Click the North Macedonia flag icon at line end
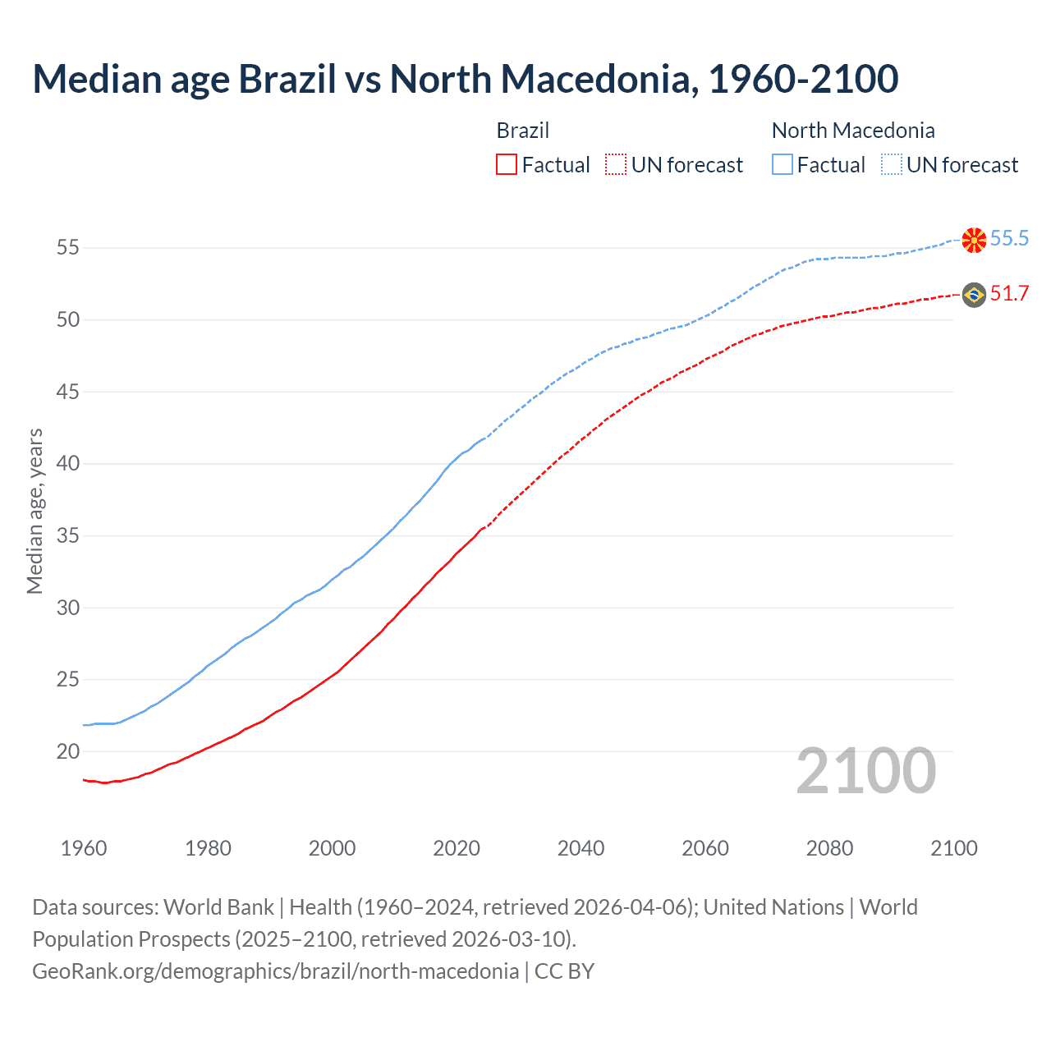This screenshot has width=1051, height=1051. tap(974, 239)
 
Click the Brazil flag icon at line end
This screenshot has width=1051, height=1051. tap(974, 294)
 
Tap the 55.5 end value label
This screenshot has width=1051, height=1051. tap(1009, 238)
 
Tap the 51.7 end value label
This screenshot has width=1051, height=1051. tap(1009, 293)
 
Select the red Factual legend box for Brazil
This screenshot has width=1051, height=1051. tap(507, 164)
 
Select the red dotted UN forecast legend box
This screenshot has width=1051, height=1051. tap(616, 164)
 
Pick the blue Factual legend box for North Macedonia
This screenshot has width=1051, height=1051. tap(782, 164)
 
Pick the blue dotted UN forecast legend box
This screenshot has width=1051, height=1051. tap(891, 164)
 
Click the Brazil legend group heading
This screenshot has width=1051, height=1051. tap(523, 131)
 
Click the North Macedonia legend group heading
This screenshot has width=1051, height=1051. tap(853, 131)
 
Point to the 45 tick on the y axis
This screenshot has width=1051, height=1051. tap(68, 392)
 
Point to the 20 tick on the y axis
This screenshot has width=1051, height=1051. tap(68, 751)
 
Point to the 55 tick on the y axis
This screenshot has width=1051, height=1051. tap(68, 247)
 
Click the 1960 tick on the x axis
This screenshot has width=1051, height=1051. tap(84, 848)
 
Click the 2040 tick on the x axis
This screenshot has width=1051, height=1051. tap(581, 848)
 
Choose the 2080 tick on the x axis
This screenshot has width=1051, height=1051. tap(829, 848)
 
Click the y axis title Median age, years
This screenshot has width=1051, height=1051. tap(34, 511)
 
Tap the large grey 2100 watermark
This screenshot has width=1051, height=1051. tap(866, 771)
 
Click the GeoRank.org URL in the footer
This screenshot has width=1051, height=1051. tap(275, 971)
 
